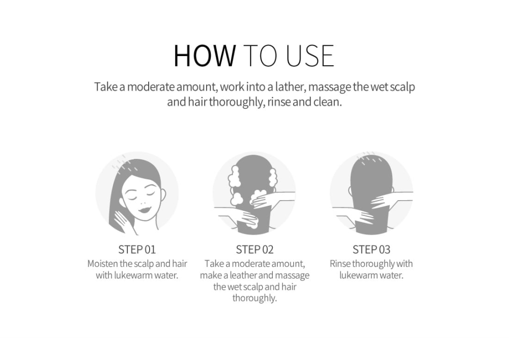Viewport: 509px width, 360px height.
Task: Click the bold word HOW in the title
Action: pos(205,56)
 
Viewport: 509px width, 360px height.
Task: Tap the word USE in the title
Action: pos(310,56)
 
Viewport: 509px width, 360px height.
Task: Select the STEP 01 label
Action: pos(137,250)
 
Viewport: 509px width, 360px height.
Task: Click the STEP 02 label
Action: pos(254,250)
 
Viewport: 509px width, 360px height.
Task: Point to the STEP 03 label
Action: pos(372,250)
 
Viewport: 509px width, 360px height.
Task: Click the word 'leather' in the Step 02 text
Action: pos(243,275)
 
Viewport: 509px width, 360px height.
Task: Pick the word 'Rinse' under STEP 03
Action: pos(340,264)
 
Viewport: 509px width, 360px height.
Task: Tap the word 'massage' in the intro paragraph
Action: pos(329,88)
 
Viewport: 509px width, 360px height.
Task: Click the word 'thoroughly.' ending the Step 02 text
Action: pos(254,298)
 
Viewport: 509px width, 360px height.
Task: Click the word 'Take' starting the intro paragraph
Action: pos(106,87)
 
